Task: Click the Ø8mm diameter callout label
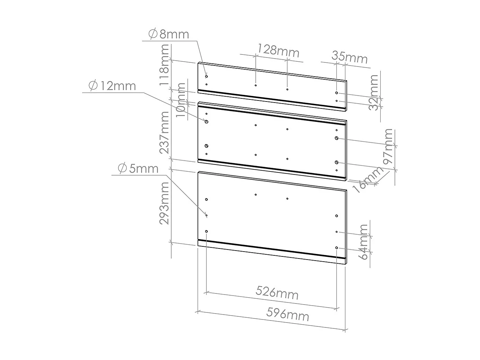tap(169, 34)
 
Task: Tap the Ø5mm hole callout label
tap(138, 168)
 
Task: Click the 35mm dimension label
tap(350, 57)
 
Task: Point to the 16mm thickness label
tap(368, 179)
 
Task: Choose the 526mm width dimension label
tap(277, 293)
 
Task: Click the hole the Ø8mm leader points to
tap(206, 76)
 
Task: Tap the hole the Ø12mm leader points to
tap(206, 122)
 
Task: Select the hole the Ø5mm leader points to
tap(206, 215)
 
